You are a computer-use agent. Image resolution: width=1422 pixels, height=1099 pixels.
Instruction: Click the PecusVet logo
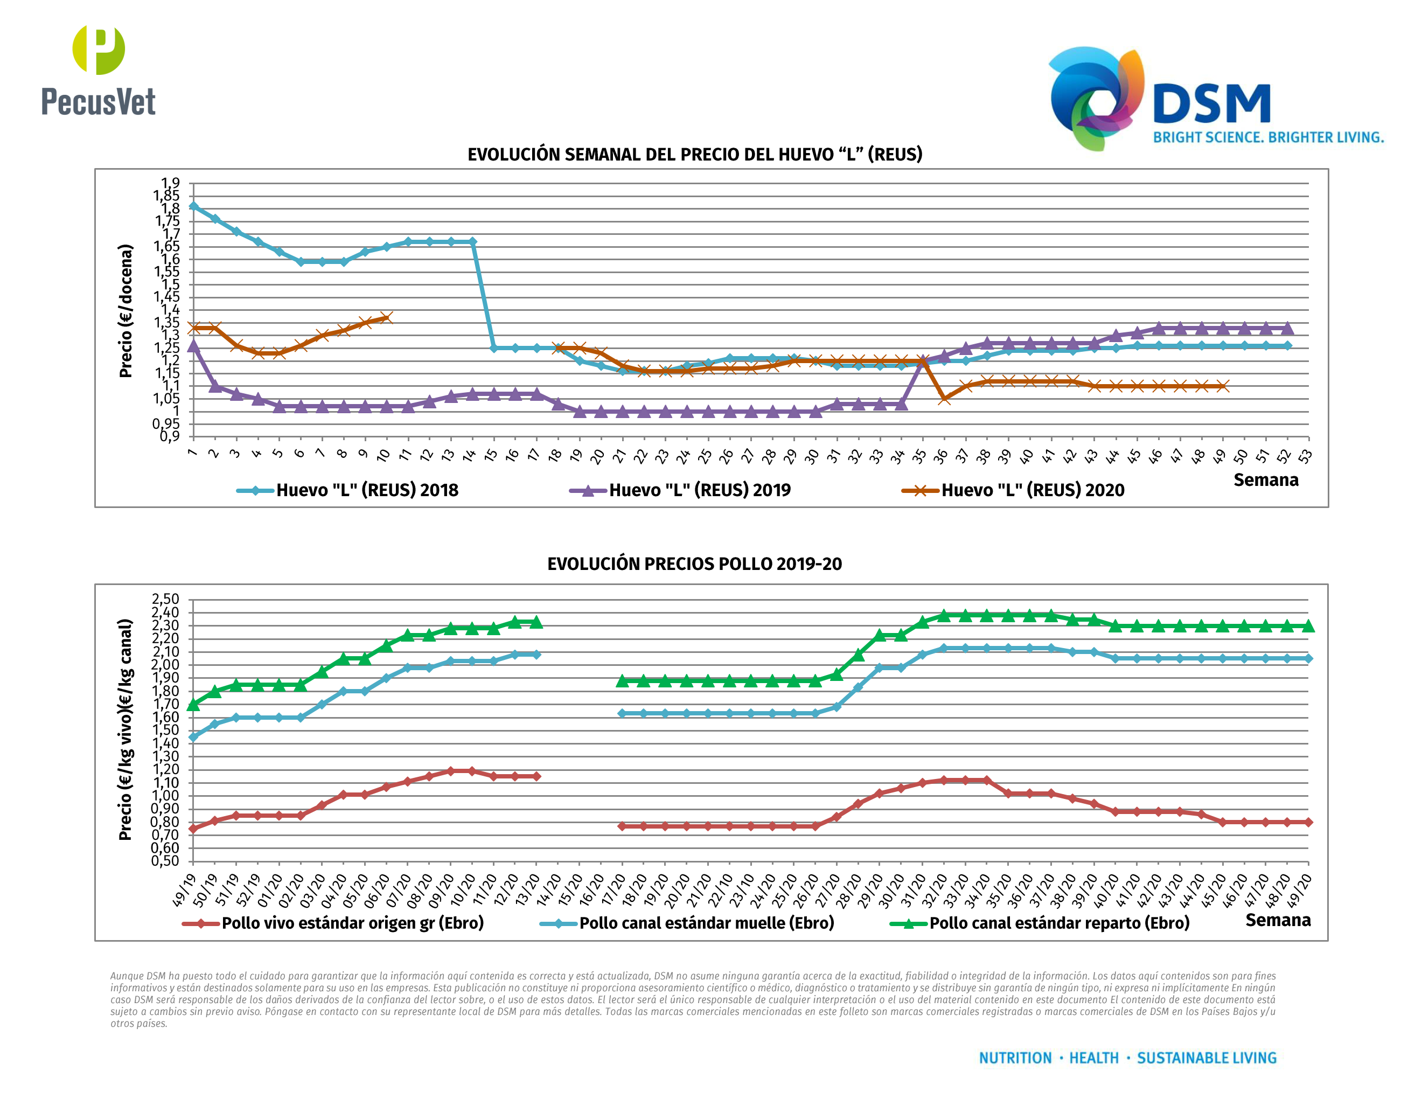click(99, 72)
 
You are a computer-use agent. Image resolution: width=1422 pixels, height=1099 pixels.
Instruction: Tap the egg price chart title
click(695, 154)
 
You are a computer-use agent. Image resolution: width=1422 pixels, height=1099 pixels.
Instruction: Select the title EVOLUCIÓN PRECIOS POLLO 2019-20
click(694, 564)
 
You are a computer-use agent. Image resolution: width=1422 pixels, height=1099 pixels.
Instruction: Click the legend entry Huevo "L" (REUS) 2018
click(367, 490)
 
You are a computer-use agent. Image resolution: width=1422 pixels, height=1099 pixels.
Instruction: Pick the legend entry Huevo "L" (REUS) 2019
click(699, 490)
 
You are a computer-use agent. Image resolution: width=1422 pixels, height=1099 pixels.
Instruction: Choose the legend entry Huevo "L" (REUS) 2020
click(1032, 490)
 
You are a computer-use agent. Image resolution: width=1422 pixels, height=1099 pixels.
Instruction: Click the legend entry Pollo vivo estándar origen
click(352, 923)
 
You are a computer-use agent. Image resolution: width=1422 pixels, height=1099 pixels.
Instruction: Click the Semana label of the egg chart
click(1266, 480)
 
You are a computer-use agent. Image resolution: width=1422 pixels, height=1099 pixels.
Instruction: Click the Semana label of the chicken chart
click(1278, 920)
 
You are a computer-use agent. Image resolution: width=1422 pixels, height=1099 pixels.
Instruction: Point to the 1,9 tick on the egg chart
click(171, 183)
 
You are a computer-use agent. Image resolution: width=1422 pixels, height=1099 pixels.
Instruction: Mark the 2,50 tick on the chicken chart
click(165, 599)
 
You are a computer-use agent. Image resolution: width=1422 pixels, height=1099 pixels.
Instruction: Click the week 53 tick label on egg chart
click(1304, 456)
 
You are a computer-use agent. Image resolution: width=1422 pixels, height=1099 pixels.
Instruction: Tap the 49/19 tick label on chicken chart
click(184, 890)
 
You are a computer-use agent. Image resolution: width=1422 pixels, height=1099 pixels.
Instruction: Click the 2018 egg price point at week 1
click(193, 206)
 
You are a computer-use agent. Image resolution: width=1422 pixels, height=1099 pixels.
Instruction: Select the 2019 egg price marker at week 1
click(193, 346)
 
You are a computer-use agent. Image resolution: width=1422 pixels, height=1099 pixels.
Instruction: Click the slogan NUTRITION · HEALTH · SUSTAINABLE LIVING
click(1128, 1058)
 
